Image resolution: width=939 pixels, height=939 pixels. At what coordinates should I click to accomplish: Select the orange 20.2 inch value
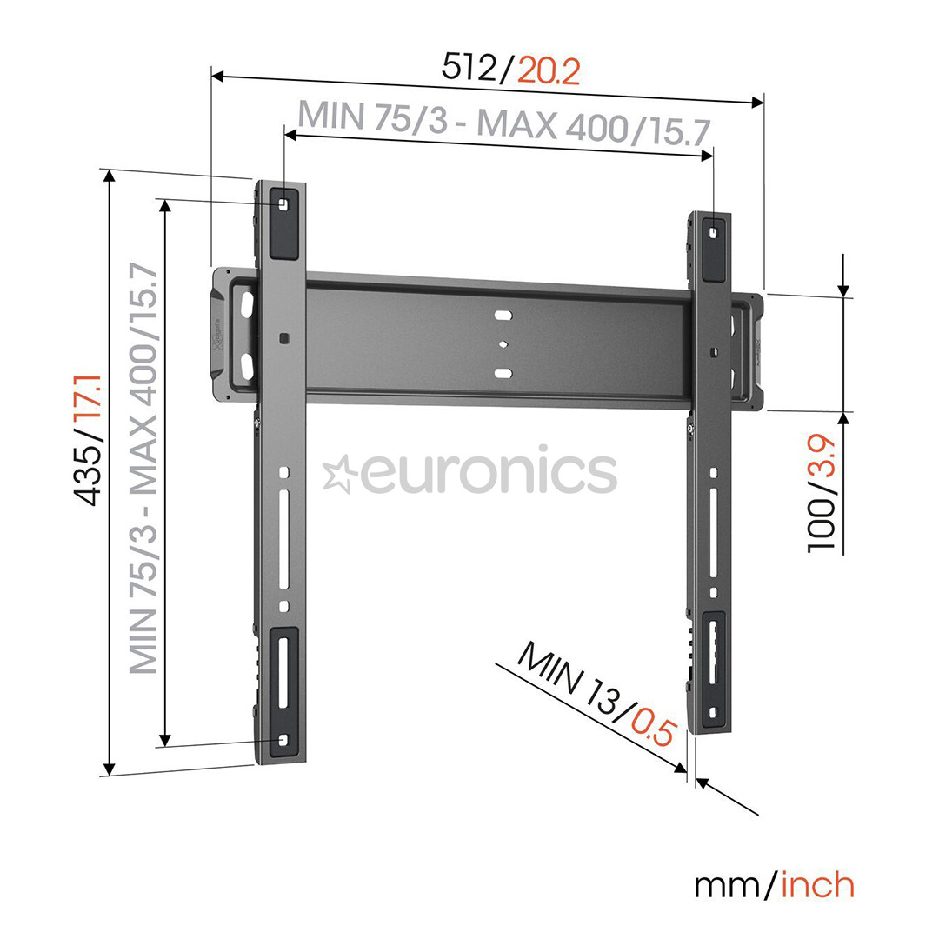pyautogui.click(x=549, y=70)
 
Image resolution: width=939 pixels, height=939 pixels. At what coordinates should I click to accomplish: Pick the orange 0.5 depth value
pyautogui.click(x=651, y=727)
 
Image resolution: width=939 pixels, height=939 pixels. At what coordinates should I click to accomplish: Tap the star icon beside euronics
pyautogui.click(x=337, y=474)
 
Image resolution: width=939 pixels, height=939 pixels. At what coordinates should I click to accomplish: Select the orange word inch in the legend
pyautogui.click(x=818, y=884)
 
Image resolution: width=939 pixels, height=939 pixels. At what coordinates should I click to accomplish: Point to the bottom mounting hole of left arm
pyautogui.click(x=283, y=740)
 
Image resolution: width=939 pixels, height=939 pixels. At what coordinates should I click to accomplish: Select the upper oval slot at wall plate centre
pyautogui.click(x=503, y=315)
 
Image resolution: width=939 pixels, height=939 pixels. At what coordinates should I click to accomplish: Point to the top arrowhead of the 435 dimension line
pyautogui.click(x=109, y=176)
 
